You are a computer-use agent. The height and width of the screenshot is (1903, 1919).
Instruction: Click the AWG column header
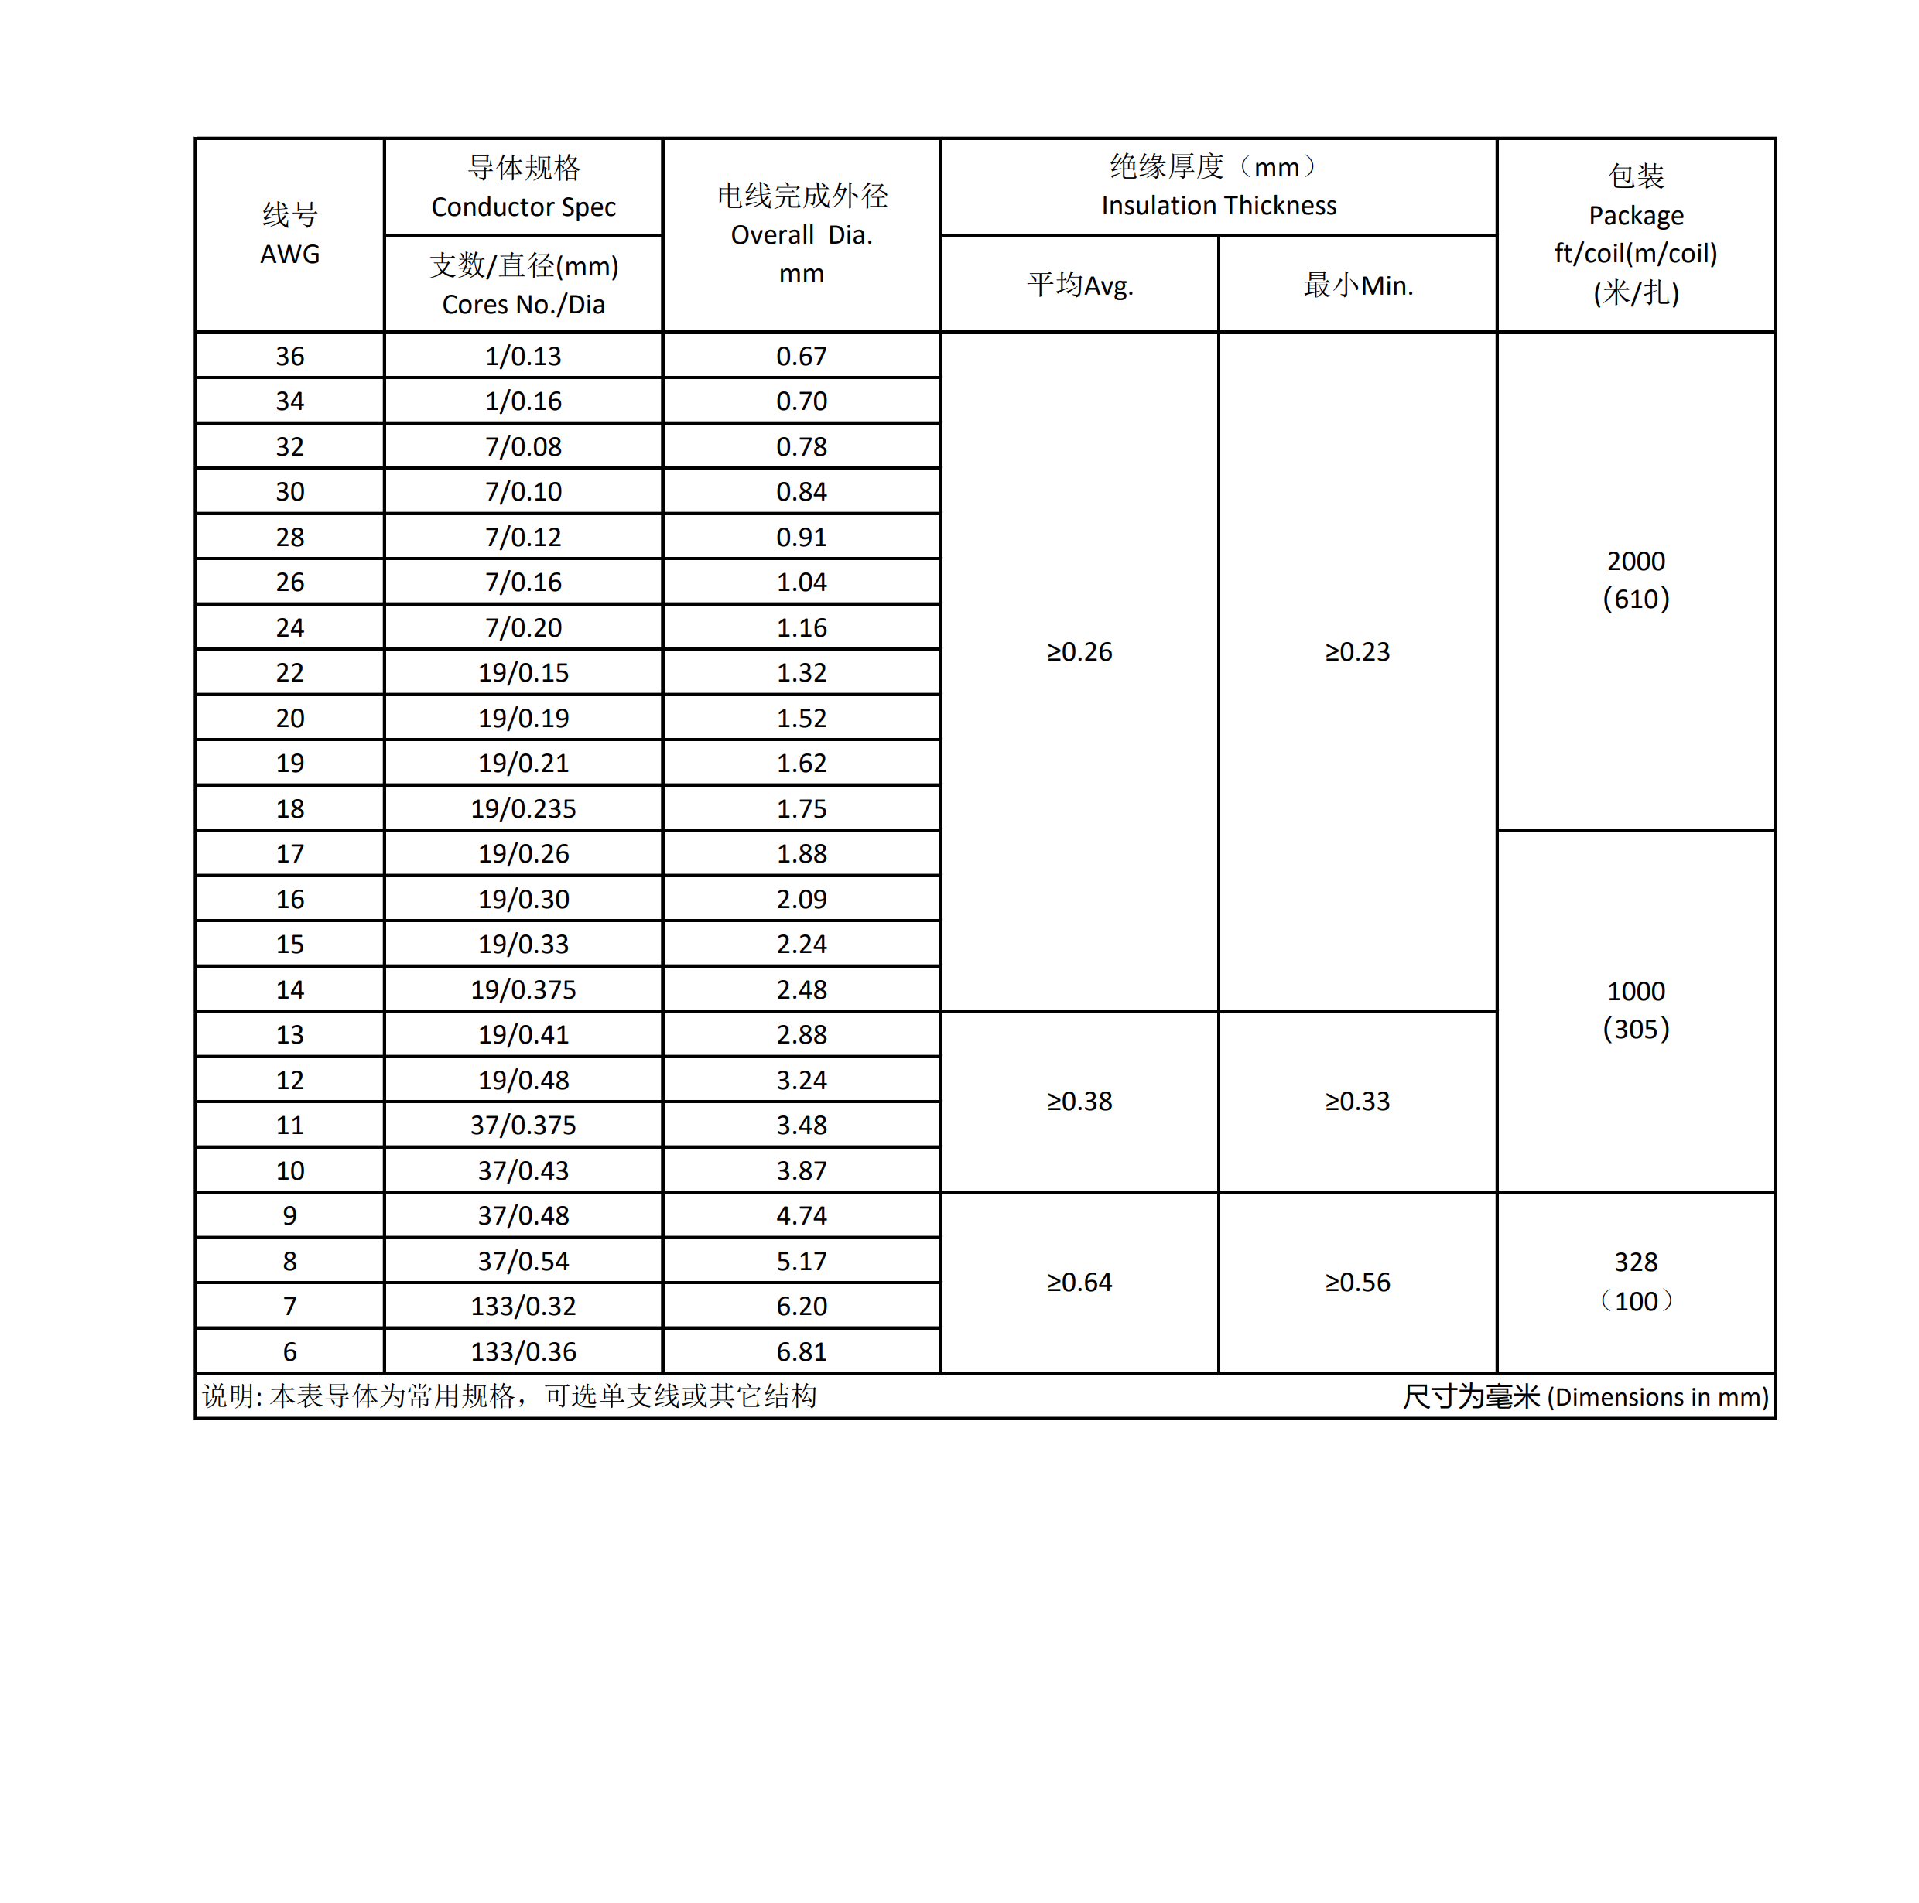click(290, 234)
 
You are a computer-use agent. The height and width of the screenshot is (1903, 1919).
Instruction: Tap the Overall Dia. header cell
click(802, 234)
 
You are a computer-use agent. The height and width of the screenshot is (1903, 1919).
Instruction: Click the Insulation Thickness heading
click(1218, 186)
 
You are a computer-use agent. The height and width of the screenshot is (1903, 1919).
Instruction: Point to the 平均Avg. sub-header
click(1079, 285)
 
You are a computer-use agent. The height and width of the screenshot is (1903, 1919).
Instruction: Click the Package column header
click(1635, 234)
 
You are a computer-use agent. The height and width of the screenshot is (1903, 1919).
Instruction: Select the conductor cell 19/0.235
click(523, 808)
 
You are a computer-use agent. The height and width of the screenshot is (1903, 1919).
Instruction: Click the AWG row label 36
click(290, 356)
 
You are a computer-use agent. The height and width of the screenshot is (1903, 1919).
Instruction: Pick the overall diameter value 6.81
click(802, 1351)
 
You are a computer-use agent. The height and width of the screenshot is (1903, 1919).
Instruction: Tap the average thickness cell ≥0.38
click(1079, 1101)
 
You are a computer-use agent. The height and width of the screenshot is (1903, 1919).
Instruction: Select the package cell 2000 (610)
click(1635, 580)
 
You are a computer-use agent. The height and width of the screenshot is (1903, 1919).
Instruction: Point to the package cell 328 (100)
click(1635, 1281)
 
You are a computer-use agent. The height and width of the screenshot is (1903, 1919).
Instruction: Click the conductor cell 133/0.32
click(523, 1305)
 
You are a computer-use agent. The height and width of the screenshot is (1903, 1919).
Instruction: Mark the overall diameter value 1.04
click(802, 582)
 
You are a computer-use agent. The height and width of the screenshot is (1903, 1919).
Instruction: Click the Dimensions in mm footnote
click(1585, 1396)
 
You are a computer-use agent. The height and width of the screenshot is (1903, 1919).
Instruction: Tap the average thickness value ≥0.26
click(1079, 651)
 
